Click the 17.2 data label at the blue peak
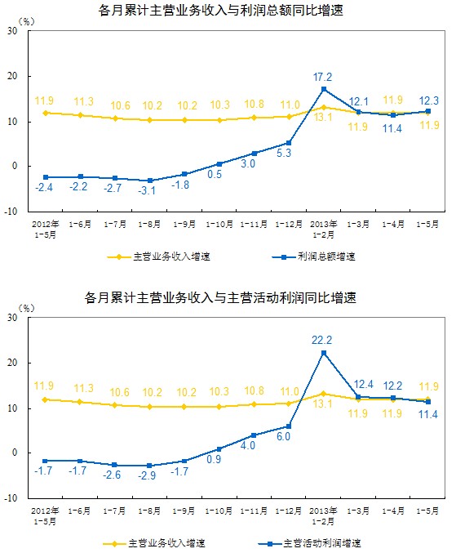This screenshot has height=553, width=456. click(x=322, y=77)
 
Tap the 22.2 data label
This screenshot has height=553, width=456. click(x=322, y=340)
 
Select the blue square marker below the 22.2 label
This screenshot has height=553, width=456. click(x=324, y=353)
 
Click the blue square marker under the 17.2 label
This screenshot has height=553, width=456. click(x=324, y=89)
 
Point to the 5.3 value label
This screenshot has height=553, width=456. click(x=284, y=153)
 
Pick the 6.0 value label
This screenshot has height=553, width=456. click(x=283, y=437)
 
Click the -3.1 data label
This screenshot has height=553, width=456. click(x=147, y=191)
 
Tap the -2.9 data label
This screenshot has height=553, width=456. click(x=147, y=475)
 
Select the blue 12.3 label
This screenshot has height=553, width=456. click(x=429, y=100)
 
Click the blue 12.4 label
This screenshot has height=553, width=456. click(x=363, y=384)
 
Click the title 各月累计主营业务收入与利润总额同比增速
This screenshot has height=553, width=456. click(x=221, y=11)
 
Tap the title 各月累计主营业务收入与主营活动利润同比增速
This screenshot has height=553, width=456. click(x=220, y=297)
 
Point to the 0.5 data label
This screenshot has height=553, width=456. click(x=215, y=174)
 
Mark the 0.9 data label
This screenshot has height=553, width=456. click(x=214, y=459)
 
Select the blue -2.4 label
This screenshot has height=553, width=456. click(x=44, y=188)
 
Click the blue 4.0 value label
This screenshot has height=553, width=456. click(x=247, y=445)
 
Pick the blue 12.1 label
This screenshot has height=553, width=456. click(x=358, y=102)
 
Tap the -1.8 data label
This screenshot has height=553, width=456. click(x=180, y=185)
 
